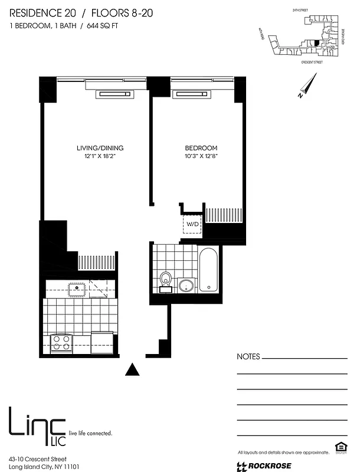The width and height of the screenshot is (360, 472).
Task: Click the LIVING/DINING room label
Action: click(100, 147)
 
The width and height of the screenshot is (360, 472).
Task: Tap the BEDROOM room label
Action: click(201, 147)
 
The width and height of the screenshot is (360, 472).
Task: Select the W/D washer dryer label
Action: click(193, 225)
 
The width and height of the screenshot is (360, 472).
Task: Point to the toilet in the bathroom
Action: click(166, 280)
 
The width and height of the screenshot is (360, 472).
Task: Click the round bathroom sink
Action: click(185, 286)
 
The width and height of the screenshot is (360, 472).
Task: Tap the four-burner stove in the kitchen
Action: click(61, 342)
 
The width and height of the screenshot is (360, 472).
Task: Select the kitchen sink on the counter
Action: click(77, 289)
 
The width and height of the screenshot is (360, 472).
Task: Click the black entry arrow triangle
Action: click(133, 369)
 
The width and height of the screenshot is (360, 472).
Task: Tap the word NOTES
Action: click(248, 357)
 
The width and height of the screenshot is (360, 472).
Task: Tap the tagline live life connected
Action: click(91, 433)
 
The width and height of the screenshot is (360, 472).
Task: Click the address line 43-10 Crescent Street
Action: click(38, 458)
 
